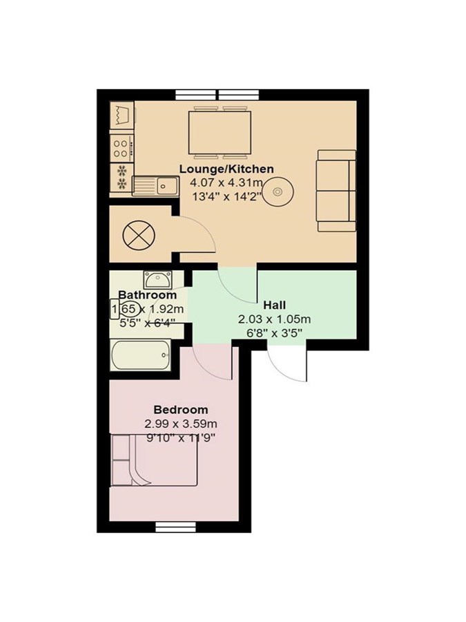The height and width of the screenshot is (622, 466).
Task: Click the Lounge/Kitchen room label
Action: coord(226,169)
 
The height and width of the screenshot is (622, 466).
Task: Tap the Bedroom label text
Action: coord(181,409)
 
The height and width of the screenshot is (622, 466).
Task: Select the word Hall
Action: coord(275,305)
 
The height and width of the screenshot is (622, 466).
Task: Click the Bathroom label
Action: coord(148,295)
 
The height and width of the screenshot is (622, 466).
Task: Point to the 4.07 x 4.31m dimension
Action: coord(226,183)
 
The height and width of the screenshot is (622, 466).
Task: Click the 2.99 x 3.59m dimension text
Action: coord(181,424)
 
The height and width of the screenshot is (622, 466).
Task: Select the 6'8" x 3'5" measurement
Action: coord(274,333)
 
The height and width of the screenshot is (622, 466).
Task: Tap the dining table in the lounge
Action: coord(220,133)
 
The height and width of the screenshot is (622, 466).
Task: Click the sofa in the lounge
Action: coord(337,191)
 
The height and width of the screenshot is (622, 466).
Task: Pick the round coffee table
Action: coord(278,191)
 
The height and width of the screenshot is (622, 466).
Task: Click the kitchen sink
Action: coord(155,186)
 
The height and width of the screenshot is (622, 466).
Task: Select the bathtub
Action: coord(141,355)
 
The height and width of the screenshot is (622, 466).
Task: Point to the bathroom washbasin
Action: coord(157,280)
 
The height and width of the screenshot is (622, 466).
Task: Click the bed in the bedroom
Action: coord(154,460)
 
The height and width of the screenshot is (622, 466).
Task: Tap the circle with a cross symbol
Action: coord(138,235)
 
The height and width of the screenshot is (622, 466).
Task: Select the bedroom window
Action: coord(175,527)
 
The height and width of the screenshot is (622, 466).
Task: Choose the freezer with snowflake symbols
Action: coord(122,178)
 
